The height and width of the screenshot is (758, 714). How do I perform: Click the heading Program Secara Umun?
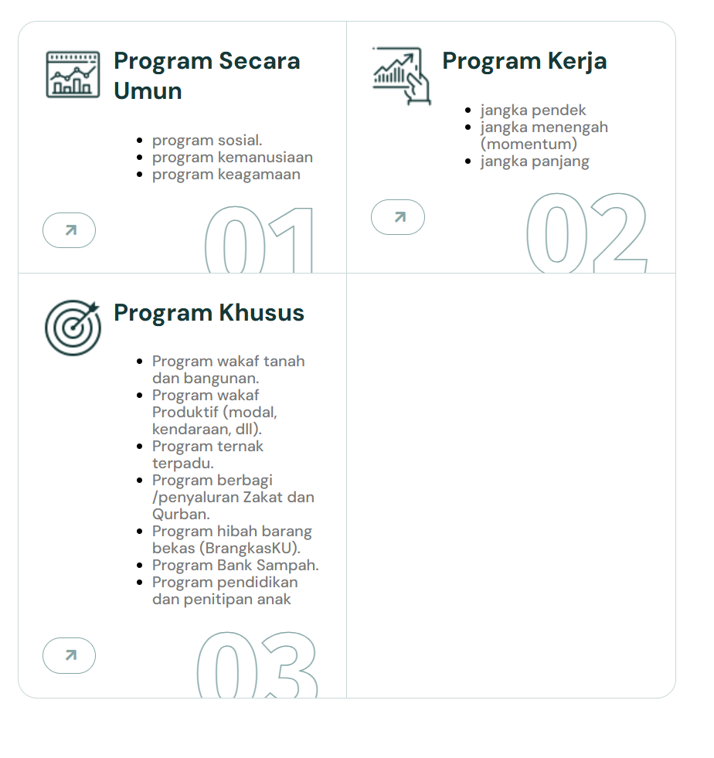tap(206, 76)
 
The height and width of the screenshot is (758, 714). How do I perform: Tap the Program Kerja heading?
tap(524, 61)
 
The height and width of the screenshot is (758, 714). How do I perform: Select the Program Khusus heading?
tap(209, 313)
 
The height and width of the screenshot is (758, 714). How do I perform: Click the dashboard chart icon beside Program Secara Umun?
tap(73, 74)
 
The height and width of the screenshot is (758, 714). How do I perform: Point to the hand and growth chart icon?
tap(401, 76)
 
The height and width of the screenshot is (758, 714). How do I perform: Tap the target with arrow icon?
tap(73, 327)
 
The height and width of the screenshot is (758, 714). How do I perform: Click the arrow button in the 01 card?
tap(69, 230)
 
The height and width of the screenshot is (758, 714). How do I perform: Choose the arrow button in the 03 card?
tap(69, 655)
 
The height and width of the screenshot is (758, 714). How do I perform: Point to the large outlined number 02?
tap(586, 233)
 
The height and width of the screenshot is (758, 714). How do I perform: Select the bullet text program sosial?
tap(207, 141)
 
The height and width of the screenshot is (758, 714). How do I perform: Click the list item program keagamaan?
tap(226, 175)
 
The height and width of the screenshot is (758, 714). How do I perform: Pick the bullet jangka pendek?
tap(533, 110)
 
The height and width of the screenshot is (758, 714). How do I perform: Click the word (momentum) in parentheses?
tap(529, 144)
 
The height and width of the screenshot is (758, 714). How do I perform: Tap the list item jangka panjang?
tap(535, 161)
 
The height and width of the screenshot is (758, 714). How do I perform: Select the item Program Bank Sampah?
tap(235, 566)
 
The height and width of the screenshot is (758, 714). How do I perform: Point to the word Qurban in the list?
tap(179, 515)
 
